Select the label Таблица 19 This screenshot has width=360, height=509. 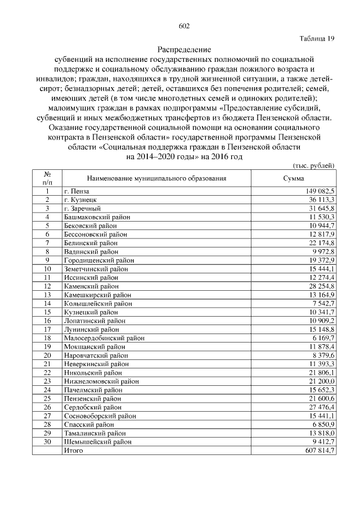317,38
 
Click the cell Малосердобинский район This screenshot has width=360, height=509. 104,337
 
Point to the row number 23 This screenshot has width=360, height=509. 48,380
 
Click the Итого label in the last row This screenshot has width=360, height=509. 74,451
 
